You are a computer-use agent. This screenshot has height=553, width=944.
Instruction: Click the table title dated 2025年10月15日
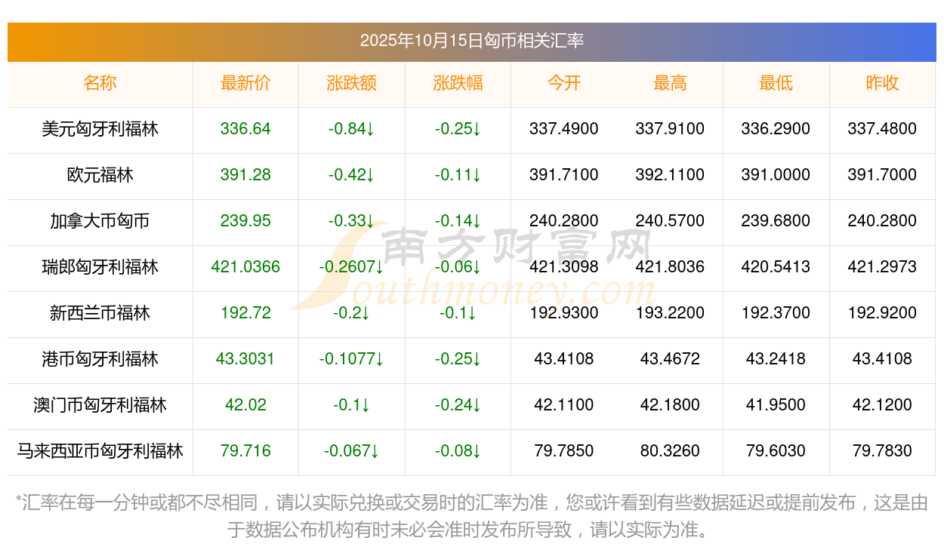point(471,41)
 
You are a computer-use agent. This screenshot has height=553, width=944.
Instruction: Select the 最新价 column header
point(245,84)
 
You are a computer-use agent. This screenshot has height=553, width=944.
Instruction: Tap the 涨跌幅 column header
point(458,84)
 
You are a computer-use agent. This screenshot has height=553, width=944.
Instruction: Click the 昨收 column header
point(882,84)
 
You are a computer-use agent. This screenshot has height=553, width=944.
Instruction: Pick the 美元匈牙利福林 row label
point(100,129)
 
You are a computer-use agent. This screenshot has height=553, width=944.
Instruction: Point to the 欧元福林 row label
point(100,175)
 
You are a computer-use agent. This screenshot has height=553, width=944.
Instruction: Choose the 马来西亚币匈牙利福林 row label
point(100,451)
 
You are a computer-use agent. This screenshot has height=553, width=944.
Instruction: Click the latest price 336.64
point(245,129)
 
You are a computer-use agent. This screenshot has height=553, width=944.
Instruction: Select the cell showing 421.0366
point(245,267)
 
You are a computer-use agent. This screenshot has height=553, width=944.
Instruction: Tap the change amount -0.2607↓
point(351,267)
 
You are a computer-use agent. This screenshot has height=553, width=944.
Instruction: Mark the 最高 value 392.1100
point(670,175)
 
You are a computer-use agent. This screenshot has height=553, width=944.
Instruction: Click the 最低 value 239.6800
point(776,221)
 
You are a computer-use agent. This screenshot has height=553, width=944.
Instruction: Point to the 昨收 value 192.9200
point(882,313)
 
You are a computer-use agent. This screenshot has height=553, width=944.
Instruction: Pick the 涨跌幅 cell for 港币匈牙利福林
point(458,359)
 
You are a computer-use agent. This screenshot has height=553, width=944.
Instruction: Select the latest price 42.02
point(245,405)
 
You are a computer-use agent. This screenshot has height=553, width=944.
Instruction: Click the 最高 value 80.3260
point(670,451)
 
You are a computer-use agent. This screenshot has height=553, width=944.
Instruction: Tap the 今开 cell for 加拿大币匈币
point(563,221)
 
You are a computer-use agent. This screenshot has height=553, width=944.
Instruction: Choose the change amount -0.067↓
point(351,451)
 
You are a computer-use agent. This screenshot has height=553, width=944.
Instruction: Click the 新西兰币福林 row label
point(100,313)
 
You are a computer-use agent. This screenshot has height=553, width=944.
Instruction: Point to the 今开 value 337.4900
point(563,129)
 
